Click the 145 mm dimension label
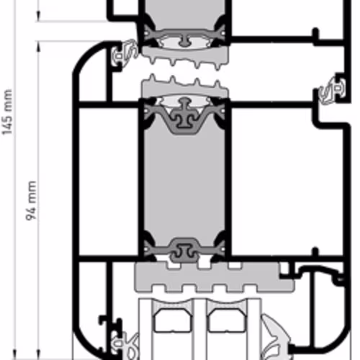point(6,112)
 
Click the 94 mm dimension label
point(31,201)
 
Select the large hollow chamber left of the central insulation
point(109,181)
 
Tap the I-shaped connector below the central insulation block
point(184,251)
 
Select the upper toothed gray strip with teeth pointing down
point(185,57)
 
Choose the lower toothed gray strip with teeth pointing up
point(185,87)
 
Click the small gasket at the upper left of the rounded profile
point(125,53)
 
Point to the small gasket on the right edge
point(333,91)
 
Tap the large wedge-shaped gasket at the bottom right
point(276,338)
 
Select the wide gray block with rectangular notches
point(215,277)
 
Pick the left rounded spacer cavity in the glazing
point(174,320)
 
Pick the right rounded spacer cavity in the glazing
point(227,320)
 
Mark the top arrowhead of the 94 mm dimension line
point(38,46)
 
